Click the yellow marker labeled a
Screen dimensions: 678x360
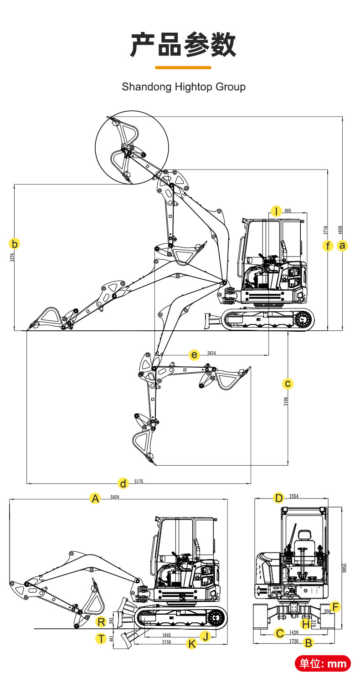click(343, 246)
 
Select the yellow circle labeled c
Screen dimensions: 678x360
click(288, 384)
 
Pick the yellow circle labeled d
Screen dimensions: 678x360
click(123, 483)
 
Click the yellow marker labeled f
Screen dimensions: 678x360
click(328, 246)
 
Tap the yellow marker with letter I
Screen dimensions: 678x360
click(276, 211)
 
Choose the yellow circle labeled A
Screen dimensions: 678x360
click(95, 498)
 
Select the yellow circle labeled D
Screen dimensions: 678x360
click(279, 498)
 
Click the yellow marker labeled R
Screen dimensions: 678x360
click(101, 621)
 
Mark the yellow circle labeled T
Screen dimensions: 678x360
click(101, 638)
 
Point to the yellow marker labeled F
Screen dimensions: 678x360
click(335, 606)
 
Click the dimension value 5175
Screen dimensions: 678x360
click(139, 482)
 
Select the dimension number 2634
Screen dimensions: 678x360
click(211, 353)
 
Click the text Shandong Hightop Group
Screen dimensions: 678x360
click(184, 87)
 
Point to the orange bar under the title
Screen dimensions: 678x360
click(183, 67)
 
